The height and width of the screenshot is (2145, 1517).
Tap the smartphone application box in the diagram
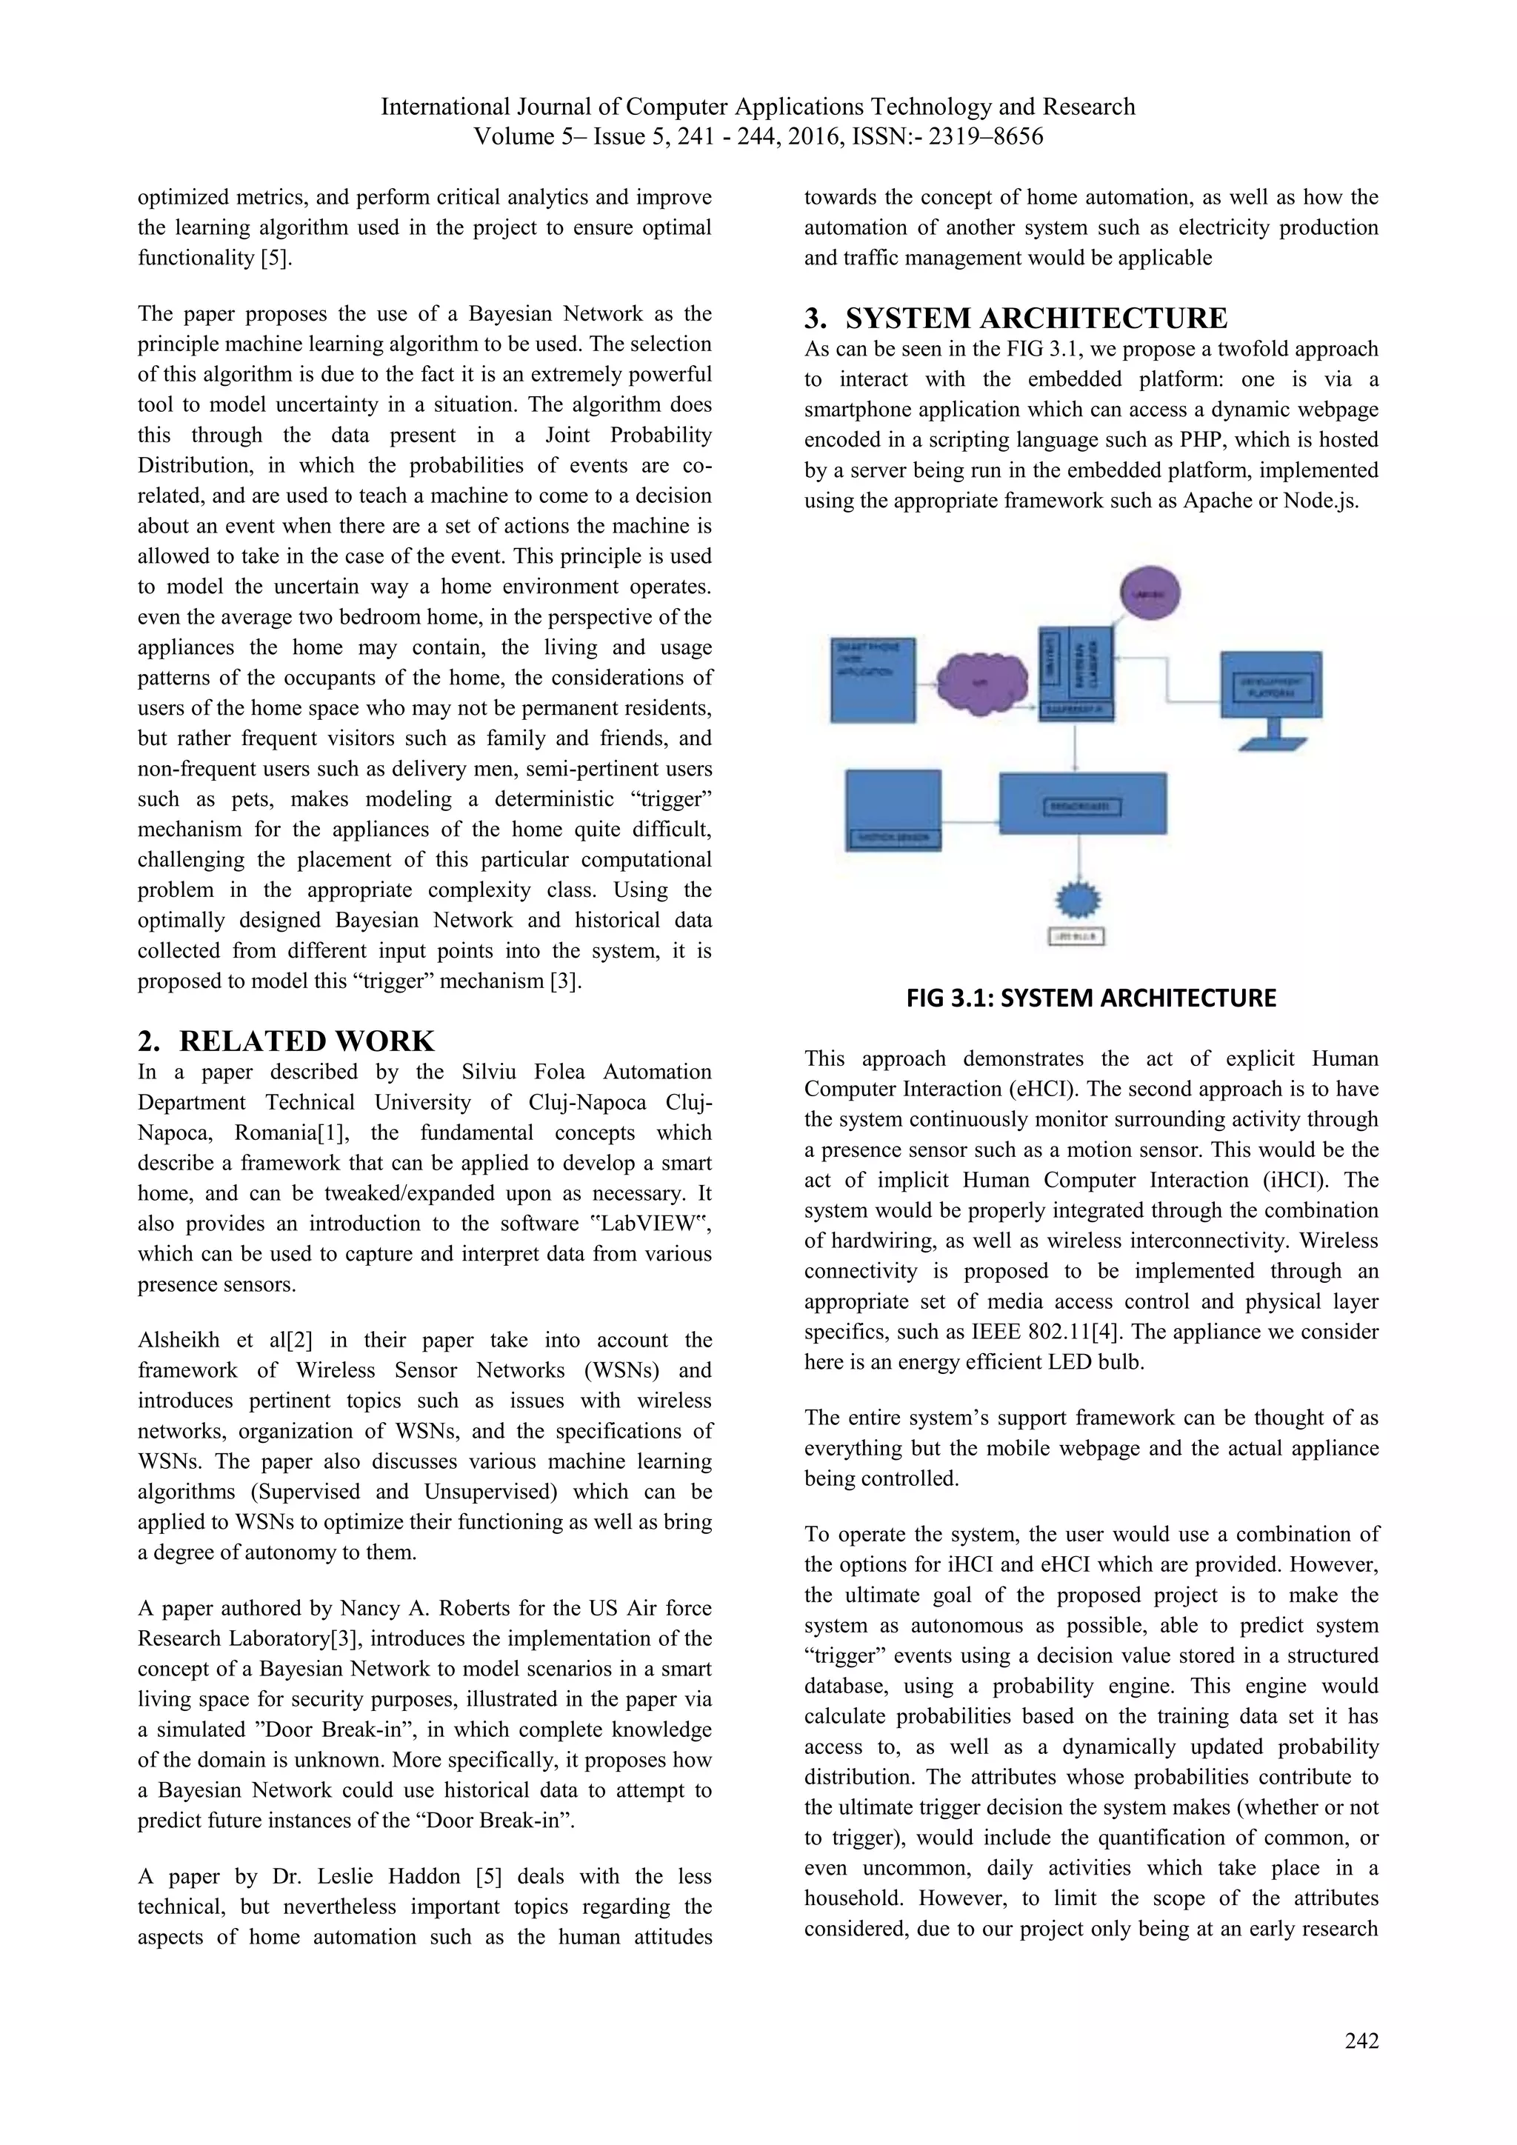(873, 679)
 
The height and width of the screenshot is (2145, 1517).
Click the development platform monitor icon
(1271, 691)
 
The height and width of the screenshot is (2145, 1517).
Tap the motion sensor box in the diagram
(893, 808)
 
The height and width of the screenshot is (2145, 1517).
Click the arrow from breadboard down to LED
(1081, 858)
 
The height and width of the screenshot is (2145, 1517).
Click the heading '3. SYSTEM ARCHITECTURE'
(1016, 318)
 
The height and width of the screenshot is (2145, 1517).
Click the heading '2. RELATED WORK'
(286, 1041)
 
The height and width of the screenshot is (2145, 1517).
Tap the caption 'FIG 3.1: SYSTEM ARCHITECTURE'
(1090, 998)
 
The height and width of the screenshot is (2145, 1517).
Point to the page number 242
(1361, 2041)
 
